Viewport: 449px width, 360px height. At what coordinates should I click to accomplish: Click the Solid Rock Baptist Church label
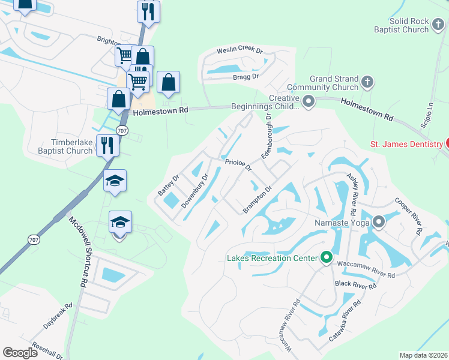(403, 26)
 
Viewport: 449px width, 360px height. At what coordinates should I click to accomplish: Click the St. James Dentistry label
(405, 143)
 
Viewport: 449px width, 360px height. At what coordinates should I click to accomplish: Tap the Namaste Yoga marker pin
(379, 223)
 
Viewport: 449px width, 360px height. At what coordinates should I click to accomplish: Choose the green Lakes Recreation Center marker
(327, 258)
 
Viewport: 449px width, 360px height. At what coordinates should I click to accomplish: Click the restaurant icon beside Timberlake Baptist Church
(107, 146)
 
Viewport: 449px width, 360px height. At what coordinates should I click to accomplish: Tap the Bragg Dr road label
(246, 77)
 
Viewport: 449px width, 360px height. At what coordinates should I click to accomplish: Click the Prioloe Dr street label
(238, 164)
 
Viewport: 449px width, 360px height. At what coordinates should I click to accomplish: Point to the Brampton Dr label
(258, 199)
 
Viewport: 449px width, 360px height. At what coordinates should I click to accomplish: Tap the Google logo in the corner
(20, 353)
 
